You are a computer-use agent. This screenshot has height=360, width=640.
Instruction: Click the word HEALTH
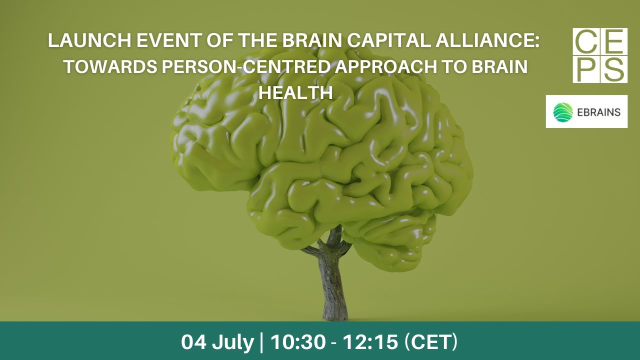coord(295,93)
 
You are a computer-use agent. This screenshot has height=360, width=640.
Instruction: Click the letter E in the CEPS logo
coord(614,42)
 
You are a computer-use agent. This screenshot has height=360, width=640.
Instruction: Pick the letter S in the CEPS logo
coord(614,69)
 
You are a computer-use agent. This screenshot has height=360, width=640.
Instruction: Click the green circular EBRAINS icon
coord(563,112)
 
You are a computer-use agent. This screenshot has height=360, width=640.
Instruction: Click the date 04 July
coord(217,342)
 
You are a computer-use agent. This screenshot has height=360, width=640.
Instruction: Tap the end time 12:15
coord(370,342)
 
